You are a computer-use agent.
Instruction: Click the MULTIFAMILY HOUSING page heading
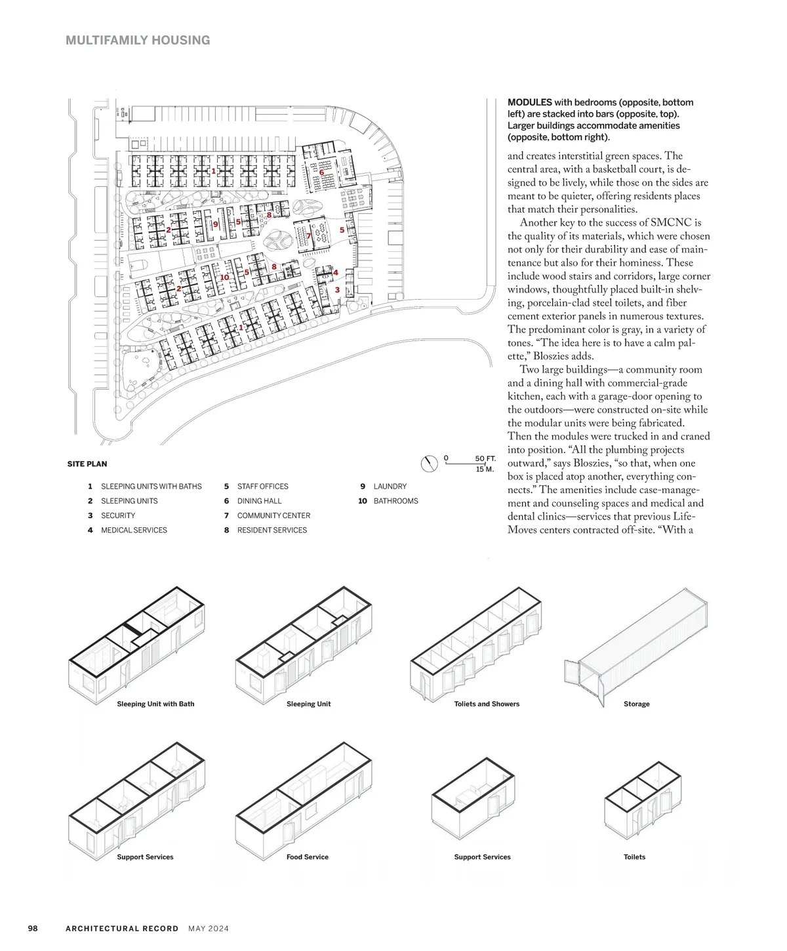pos(138,40)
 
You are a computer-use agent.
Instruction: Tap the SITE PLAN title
pos(87,464)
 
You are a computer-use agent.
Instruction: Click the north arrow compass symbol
pos(428,464)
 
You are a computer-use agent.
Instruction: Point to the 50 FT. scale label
pos(485,458)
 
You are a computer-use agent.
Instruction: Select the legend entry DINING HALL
pos(259,501)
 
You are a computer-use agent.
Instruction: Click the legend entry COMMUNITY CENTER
pos(273,516)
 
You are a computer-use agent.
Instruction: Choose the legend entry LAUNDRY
pos(390,487)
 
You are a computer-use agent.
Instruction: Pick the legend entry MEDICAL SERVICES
pos(134,530)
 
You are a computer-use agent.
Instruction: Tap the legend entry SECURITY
pos(118,516)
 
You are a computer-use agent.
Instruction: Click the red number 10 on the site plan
pos(224,277)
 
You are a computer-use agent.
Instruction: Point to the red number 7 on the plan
pos(309,235)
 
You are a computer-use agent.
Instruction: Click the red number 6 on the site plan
pos(321,172)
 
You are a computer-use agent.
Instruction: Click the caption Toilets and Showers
pos(487,704)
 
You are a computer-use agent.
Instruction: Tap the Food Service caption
pos(307,857)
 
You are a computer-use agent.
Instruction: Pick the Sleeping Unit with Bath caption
pos(155,704)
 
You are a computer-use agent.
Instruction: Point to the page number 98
pos(33,928)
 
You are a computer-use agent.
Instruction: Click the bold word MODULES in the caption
pos(529,102)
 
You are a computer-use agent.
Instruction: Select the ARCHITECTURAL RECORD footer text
pos(122,928)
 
